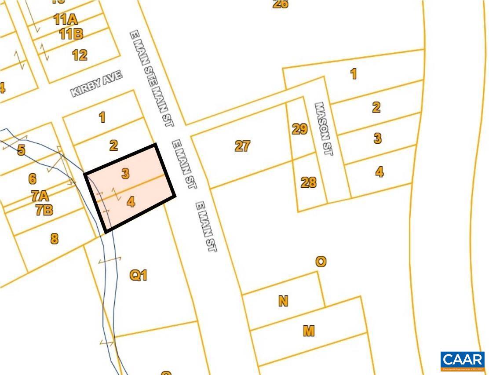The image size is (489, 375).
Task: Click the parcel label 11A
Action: [66, 20]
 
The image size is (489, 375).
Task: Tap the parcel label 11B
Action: [71, 34]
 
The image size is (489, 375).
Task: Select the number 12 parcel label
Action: [80, 55]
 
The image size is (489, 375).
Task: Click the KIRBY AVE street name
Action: [97, 84]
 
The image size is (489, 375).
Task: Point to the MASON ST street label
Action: [324, 128]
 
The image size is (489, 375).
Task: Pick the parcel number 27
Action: [242, 146]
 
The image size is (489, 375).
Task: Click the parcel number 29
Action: [299, 129]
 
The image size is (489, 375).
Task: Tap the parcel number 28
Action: [308, 182]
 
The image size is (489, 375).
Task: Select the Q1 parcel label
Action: [138, 276]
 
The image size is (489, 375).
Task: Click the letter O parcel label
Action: [321, 262]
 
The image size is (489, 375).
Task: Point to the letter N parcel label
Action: [283, 301]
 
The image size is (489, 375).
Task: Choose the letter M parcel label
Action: [309, 331]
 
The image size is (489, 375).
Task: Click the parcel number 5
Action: [21, 150]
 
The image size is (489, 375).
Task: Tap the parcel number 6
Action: [32, 179]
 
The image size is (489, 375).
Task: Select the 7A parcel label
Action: [40, 196]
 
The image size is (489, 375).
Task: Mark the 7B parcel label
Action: [44, 210]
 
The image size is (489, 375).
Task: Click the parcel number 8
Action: [54, 239]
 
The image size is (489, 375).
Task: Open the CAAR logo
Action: [463, 360]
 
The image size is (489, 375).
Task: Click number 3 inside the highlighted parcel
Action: [125, 174]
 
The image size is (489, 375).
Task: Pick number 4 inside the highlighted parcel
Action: [131, 202]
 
